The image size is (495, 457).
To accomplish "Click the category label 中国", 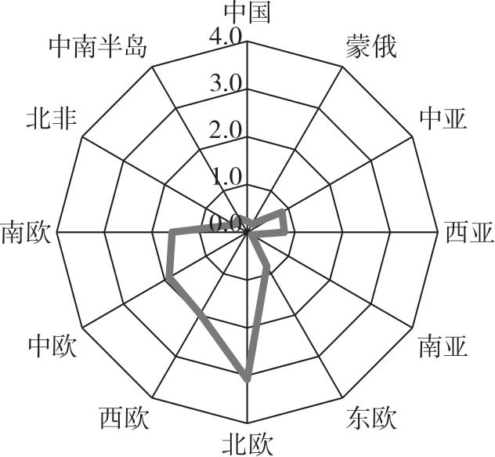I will (247, 13).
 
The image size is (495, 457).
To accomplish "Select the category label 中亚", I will (443, 118).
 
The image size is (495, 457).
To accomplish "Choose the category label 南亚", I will (443, 346).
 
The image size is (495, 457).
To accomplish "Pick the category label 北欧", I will (247, 444).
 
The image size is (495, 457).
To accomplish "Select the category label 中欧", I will (52, 346).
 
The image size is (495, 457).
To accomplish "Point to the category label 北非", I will (51, 118).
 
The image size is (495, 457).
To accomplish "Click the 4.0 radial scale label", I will (226, 36).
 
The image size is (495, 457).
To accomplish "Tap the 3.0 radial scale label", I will (226, 83).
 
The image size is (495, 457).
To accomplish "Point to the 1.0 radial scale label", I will (226, 177).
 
